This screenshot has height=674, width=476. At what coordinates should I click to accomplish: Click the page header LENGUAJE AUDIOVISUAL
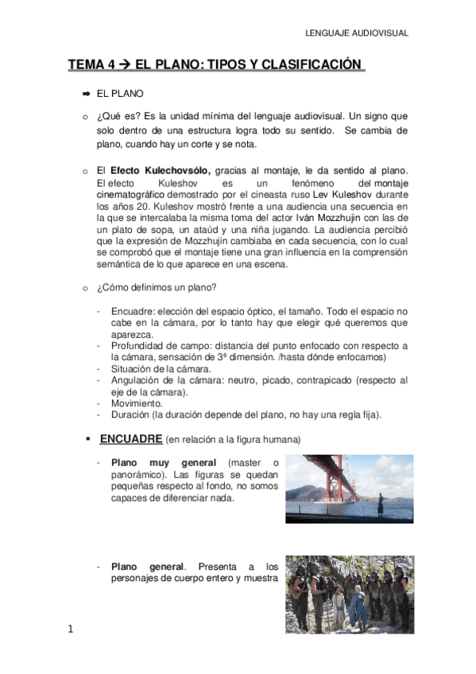point(357,33)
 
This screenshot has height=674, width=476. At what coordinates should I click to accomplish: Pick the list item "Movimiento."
point(137,403)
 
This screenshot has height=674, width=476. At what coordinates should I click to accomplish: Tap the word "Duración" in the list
point(131,414)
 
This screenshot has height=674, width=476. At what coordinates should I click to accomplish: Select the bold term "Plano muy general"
point(164,463)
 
